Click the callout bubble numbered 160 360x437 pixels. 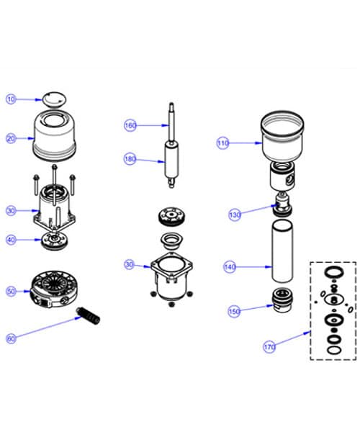tap(130, 125)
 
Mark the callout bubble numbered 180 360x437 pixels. tap(130, 158)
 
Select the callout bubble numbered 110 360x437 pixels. tap(223, 143)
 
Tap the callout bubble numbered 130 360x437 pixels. tap(235, 215)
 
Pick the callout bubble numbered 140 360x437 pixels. tap(230, 267)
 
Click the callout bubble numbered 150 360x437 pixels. tap(234, 312)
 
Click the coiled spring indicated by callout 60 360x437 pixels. tap(87, 315)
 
